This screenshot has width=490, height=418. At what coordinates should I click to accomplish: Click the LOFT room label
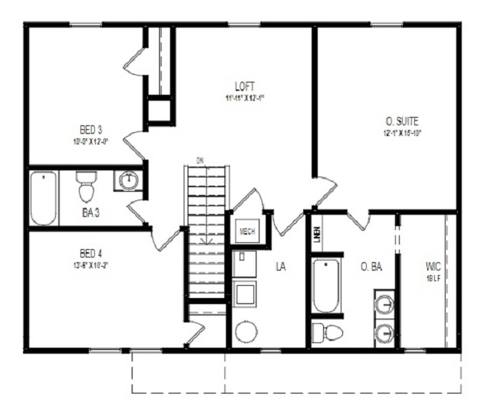pos(245,86)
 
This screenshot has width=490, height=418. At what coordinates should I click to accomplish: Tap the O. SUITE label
pos(403,121)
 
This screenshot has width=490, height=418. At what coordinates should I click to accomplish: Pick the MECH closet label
pos(247,231)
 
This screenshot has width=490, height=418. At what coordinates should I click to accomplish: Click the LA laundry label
pos(281,266)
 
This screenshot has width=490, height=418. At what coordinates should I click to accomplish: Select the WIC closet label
pos(433,267)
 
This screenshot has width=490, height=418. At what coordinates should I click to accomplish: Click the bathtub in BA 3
pos(44,198)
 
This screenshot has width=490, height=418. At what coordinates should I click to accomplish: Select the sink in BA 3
pos(129,181)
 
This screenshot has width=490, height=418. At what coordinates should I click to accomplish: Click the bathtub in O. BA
pos(325,287)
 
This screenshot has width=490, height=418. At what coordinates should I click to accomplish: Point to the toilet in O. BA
pos(328,332)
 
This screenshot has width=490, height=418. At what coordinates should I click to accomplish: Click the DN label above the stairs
pos(200,160)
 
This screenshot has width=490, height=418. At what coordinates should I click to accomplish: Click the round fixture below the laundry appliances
pos(247,332)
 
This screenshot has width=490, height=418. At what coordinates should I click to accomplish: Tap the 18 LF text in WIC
pos(433,279)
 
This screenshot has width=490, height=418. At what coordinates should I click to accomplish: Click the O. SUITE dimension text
pos(403,133)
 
